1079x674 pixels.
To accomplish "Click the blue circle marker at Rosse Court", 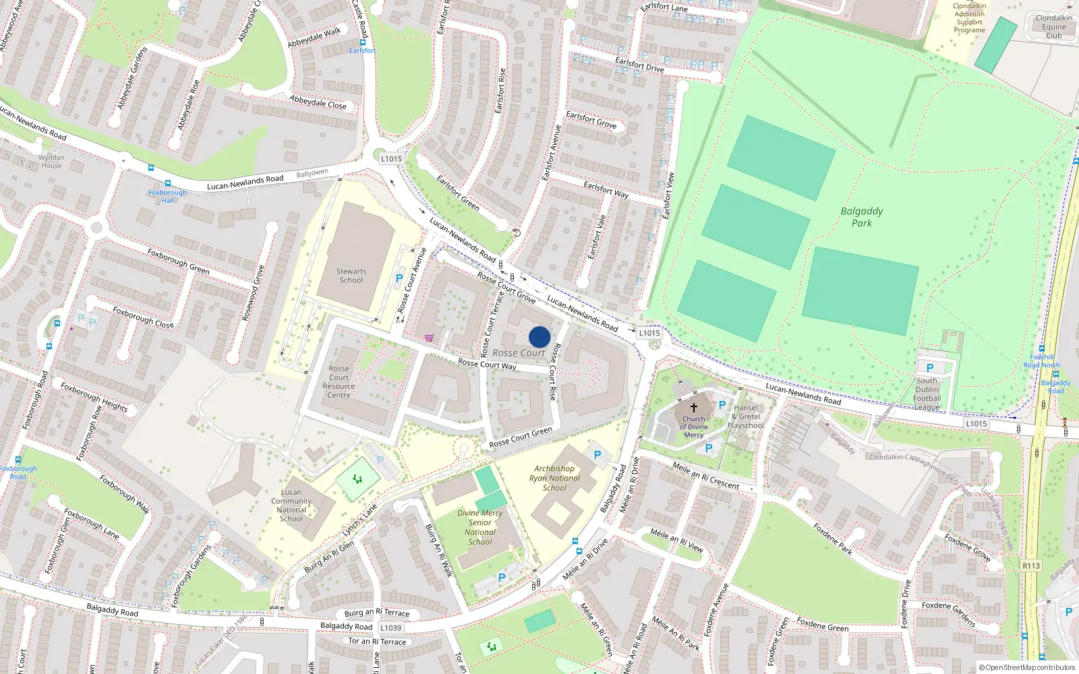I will [539, 337].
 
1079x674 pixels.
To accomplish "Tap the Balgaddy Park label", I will [861, 217].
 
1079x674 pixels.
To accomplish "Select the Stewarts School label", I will [351, 276].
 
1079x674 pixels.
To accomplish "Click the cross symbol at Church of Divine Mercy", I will [693, 407].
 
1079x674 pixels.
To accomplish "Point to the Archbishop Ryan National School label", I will [554, 478].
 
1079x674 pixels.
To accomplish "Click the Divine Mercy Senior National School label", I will [479, 527].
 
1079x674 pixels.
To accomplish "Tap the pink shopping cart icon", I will [429, 338].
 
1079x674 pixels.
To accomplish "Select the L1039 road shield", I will [390, 627].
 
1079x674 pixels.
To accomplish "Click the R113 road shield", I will [1030, 565].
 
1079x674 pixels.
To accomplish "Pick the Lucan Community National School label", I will [291, 506].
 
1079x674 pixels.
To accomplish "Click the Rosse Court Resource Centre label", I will [339, 381].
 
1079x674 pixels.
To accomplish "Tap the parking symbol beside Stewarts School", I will [399, 278].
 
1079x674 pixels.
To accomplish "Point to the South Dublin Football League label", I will [927, 394].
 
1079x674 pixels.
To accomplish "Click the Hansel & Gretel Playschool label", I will [746, 417].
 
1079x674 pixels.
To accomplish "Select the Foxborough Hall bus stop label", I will [167, 196].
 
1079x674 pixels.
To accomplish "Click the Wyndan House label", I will [51, 161].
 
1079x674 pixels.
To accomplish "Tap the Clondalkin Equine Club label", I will [1053, 27].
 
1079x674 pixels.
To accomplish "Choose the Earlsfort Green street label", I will [458, 193].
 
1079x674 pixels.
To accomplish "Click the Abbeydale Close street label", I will [318, 102].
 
